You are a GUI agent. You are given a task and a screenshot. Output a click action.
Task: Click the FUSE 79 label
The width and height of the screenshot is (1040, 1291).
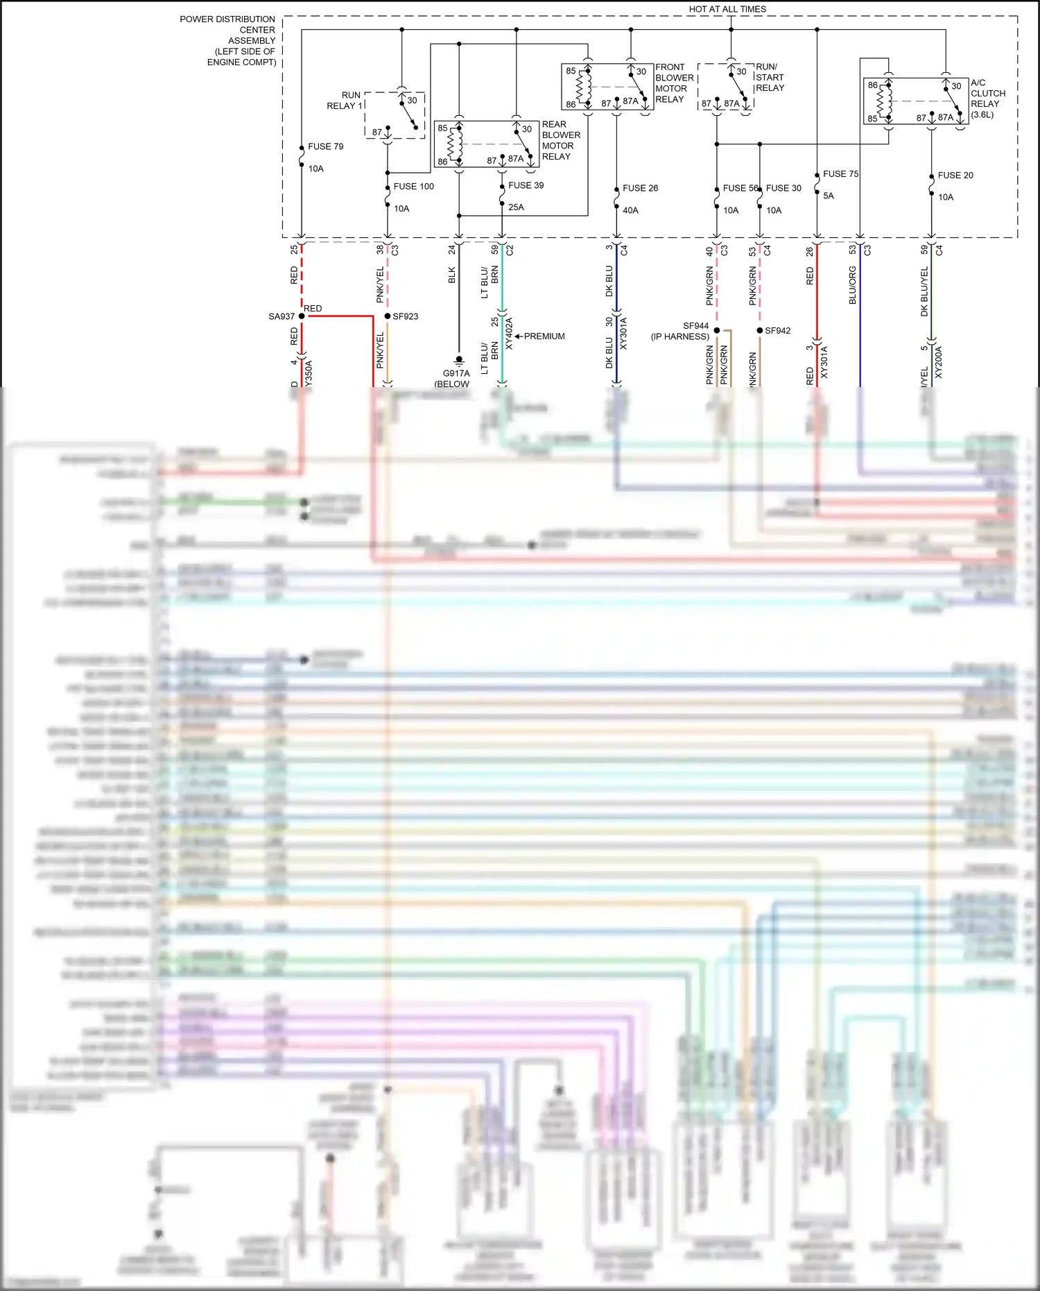325,146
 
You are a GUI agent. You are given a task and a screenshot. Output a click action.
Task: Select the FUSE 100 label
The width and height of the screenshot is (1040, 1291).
413,187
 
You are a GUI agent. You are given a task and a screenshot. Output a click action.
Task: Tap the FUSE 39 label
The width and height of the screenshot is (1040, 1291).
526,185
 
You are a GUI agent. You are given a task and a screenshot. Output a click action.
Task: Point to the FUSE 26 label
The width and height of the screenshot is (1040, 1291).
640,188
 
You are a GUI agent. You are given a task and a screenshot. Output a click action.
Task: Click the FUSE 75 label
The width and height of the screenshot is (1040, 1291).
840,174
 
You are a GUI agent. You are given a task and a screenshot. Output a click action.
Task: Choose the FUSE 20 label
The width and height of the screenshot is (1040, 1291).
955,176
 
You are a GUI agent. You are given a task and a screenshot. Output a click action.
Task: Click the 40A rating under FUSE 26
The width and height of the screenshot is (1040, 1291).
630,210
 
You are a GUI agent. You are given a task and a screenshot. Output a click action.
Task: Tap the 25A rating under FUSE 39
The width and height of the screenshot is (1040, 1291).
516,207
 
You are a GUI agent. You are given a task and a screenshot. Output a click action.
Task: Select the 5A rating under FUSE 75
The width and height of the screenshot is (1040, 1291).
828,196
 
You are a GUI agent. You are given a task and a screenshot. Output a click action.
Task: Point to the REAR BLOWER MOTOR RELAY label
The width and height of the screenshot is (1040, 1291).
560,141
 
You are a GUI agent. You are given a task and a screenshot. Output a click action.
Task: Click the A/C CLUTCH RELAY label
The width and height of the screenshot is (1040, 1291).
987,99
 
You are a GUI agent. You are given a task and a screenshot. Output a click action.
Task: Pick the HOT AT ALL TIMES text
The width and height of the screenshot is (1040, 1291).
727,9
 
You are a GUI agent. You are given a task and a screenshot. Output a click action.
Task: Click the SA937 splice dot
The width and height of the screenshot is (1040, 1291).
302,316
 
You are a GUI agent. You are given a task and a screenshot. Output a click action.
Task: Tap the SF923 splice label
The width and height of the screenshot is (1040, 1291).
405,316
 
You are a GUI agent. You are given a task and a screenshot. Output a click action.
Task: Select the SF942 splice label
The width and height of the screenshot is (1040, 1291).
777,331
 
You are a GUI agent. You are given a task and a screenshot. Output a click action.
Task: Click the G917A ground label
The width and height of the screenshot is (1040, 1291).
456,373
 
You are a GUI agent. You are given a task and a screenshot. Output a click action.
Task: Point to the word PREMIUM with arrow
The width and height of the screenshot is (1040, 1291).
544,336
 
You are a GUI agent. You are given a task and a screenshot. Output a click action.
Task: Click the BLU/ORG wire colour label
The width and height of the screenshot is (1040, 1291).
853,285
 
